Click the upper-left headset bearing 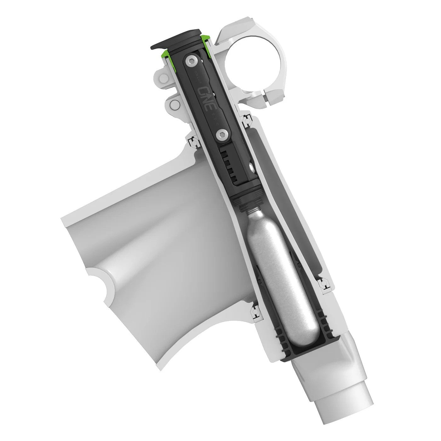coord(193,142)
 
